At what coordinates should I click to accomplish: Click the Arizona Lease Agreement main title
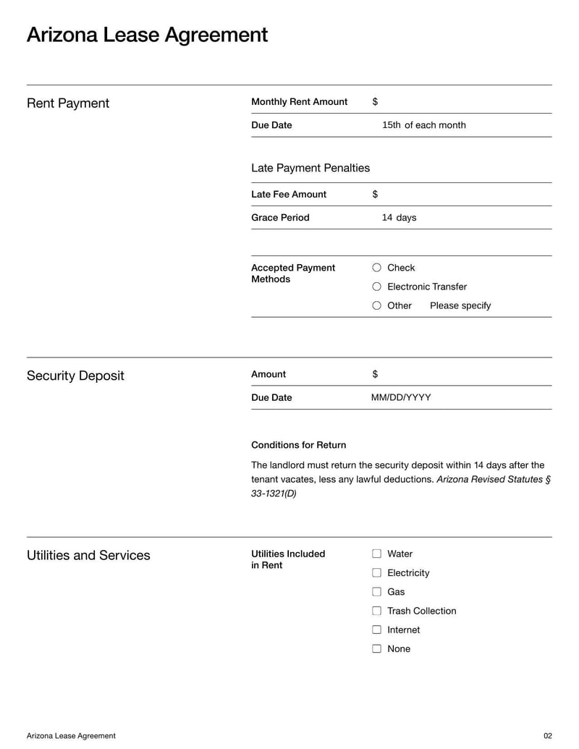click(147, 35)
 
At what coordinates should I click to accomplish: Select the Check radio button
click(376, 268)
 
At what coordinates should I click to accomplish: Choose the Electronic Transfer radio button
click(376, 287)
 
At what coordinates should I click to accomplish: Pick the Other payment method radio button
click(376, 305)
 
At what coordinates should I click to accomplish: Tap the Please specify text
click(460, 305)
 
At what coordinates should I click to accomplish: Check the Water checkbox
click(376, 554)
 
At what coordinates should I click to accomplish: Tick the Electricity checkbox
click(376, 572)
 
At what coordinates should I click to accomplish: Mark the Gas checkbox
click(376, 591)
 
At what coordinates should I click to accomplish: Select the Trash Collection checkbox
click(376, 611)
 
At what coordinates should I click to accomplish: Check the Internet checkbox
click(376, 630)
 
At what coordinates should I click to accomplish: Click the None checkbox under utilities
click(376, 648)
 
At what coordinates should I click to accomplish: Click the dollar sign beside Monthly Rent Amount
click(375, 102)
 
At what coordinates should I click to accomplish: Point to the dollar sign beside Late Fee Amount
click(375, 194)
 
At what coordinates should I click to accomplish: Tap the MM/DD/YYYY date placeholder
click(400, 397)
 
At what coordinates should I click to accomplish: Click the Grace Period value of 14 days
click(399, 217)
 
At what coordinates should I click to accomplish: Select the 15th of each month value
click(423, 125)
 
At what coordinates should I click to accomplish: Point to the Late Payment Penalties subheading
click(310, 168)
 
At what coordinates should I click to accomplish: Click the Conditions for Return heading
click(298, 445)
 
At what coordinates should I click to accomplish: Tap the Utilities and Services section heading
click(88, 555)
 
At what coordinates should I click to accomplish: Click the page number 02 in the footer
click(547, 736)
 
